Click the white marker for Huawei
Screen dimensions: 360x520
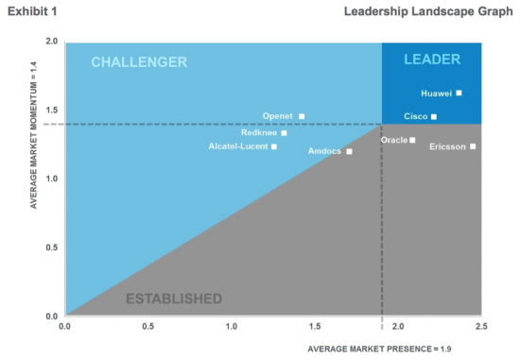(x=459, y=94)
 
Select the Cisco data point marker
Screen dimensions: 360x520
(x=434, y=117)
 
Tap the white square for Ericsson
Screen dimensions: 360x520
(x=473, y=146)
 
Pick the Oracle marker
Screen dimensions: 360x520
(x=412, y=140)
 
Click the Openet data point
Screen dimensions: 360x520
(x=302, y=116)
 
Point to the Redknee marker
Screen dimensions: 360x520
(x=284, y=133)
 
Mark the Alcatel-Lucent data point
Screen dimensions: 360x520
(x=274, y=146)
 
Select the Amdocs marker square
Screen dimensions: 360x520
(x=349, y=151)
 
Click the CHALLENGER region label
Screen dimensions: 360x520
(x=139, y=62)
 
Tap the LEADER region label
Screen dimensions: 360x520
(x=431, y=60)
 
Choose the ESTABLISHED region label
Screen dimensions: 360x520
(x=174, y=299)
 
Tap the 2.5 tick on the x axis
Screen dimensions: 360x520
(x=480, y=326)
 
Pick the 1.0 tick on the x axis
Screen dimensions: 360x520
(x=231, y=326)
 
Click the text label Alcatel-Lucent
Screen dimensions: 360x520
(x=236, y=146)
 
